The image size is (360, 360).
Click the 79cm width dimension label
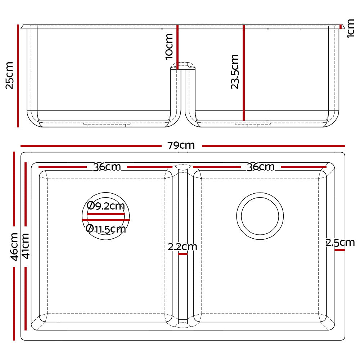click(x=181, y=145)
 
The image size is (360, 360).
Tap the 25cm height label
click(x=9, y=75)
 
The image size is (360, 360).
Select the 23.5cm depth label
click(x=235, y=72)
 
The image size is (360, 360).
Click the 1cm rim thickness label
click(x=351, y=28)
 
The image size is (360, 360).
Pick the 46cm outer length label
click(x=14, y=247)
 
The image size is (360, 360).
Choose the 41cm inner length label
click(x=26, y=246)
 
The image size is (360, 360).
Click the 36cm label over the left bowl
click(x=107, y=167)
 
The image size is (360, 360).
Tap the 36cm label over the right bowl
click(x=260, y=167)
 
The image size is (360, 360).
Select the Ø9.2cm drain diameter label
click(x=106, y=206)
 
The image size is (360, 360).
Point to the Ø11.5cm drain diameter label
click(x=106, y=229)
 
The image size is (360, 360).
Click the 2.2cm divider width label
click(x=182, y=247)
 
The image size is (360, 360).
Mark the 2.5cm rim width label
click(x=340, y=242)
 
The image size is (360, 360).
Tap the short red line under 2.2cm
click(x=183, y=254)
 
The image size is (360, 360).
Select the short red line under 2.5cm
click(x=339, y=249)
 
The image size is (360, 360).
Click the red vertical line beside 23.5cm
click(x=244, y=72)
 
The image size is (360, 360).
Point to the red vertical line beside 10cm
click(x=177, y=47)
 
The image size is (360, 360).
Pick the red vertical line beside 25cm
click(x=18, y=76)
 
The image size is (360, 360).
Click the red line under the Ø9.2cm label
click(x=106, y=213)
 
